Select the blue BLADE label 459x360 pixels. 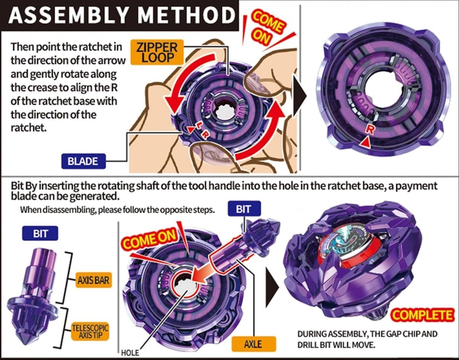point(82,160)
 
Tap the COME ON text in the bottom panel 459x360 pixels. point(152,242)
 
